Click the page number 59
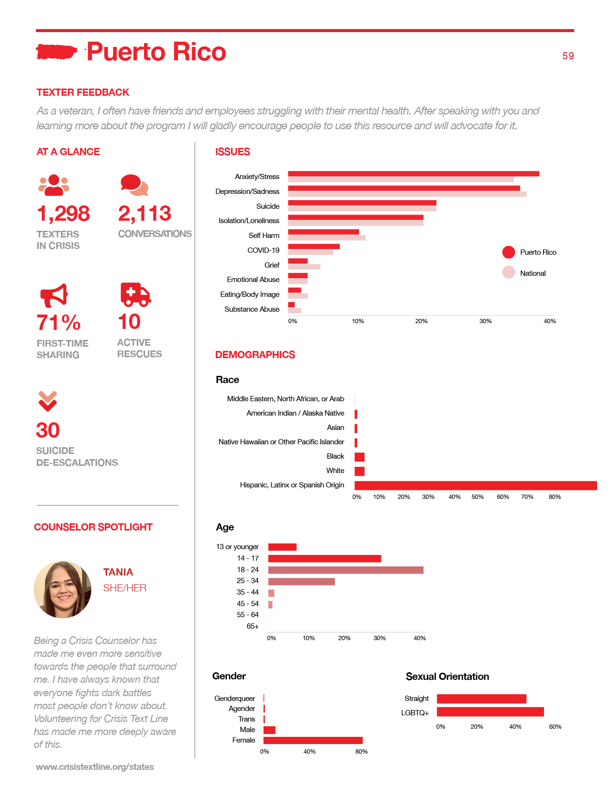coord(568,56)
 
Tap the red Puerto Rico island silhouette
coord(56,52)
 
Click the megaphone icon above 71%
coord(54,295)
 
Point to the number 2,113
coord(144,213)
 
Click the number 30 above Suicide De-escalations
coord(47,430)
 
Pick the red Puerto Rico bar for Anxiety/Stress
coord(413,173)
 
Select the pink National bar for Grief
coord(304,267)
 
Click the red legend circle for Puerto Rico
coord(508,252)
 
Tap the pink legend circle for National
coord(508,272)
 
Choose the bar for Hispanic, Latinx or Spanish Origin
coord(476,485)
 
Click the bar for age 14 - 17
coord(324,558)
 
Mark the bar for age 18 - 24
coord(345,570)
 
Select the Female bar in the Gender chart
coord(313,740)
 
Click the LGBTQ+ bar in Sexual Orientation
coord(490,711)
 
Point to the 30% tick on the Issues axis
coord(486,321)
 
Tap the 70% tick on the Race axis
coord(527,497)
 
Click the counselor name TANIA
coord(118,572)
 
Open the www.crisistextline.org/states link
coord(95,767)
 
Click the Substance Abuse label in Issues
coord(252,309)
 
